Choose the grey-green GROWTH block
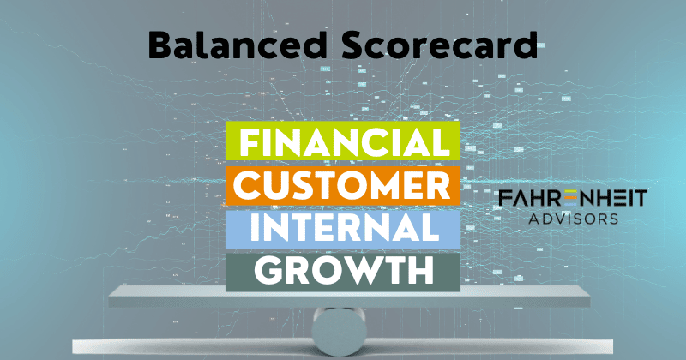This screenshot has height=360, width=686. (343, 269)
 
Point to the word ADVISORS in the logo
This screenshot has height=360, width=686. (573, 219)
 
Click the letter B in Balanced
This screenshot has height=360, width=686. (159, 45)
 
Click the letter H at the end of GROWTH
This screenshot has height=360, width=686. (419, 270)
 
